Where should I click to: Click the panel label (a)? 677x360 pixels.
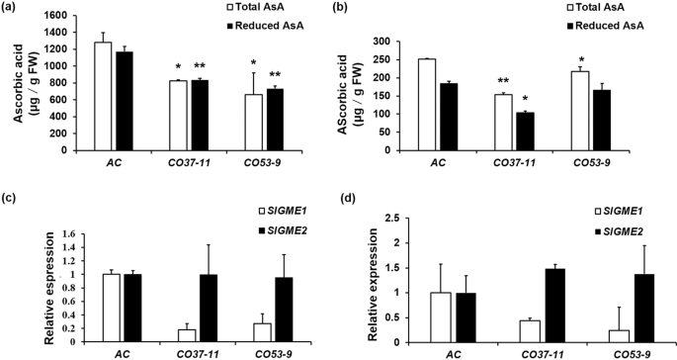pos(14,8)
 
